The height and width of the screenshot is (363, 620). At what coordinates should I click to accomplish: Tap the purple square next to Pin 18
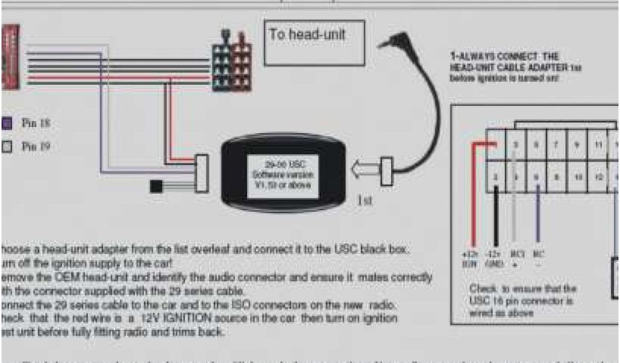[x=7, y=123]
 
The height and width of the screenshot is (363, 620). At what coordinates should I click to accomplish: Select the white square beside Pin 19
[x=7, y=146]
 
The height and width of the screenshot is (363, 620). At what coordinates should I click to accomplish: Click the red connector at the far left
[x=10, y=57]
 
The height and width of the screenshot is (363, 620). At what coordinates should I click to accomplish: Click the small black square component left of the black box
[x=156, y=186]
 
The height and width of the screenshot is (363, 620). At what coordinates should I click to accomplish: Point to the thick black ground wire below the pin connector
[x=496, y=218]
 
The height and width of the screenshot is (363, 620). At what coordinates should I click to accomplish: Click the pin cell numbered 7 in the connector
[x=556, y=145]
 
